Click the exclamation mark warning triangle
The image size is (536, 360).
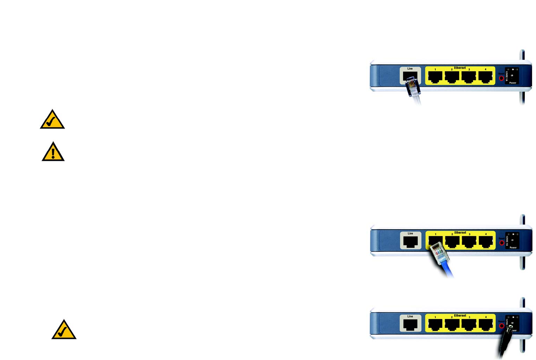pos(53,152)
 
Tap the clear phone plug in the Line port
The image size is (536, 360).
pos(412,87)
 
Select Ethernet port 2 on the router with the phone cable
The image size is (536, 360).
pos(452,77)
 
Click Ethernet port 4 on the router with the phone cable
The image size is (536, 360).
pos(486,77)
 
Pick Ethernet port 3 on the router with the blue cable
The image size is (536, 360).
pos(469,242)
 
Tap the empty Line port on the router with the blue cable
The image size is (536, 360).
pos(410,242)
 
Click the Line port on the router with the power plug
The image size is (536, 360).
pos(410,325)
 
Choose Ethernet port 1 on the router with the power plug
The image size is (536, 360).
pos(435,325)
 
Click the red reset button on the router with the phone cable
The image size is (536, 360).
pos(502,78)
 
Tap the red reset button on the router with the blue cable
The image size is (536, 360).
pos(502,243)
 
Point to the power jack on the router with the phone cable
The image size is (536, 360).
pos(512,75)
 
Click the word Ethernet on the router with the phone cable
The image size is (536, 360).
pos(460,68)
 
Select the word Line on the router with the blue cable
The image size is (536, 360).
pos(410,233)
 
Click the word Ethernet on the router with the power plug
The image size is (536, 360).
pos(460,315)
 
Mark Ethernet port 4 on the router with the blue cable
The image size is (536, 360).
pos(486,242)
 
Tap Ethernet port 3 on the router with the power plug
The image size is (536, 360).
pos(469,325)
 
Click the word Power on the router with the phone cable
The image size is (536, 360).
pos(513,83)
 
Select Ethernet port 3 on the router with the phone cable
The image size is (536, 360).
pos(469,77)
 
